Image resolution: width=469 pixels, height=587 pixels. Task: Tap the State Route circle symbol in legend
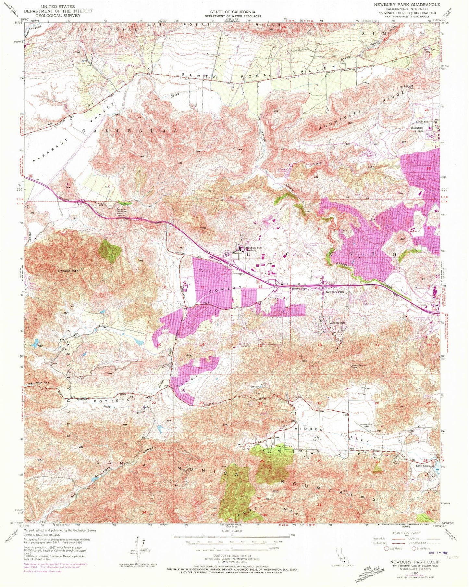click(414, 549)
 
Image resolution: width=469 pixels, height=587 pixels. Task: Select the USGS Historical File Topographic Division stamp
click(369, 572)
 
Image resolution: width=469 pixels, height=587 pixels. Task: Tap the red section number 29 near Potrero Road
click(377, 462)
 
